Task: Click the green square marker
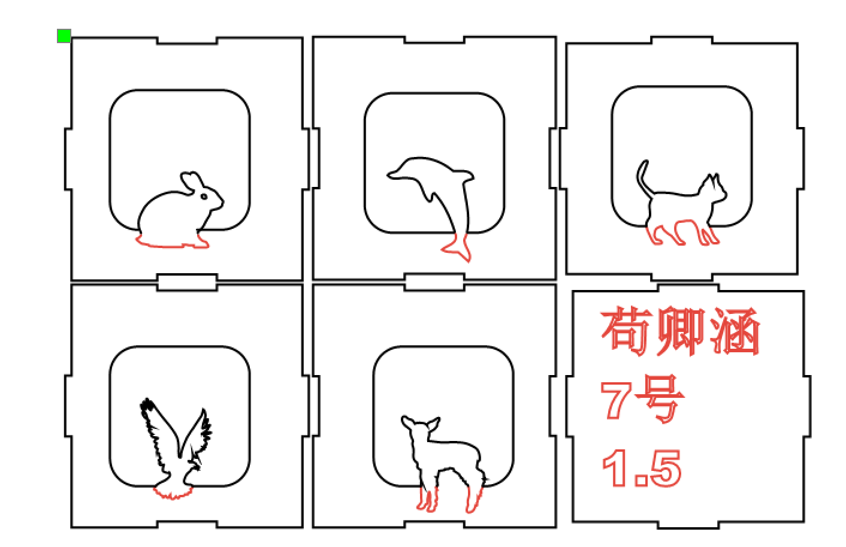64,36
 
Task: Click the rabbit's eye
204,196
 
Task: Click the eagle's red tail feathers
173,492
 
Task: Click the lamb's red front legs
428,498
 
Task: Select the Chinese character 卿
681,331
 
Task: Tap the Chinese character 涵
735,331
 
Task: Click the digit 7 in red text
615,400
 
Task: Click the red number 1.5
641,468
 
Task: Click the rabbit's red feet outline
172,241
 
